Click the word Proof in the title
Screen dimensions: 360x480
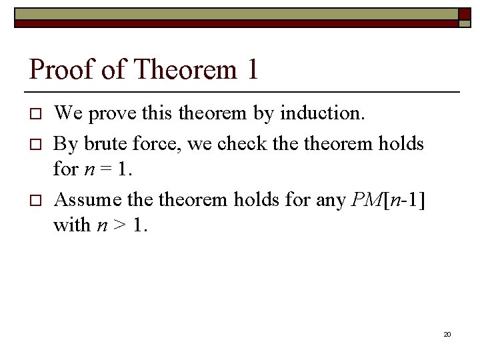[61, 69]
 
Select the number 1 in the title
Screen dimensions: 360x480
[251, 69]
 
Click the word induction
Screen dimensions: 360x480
[322, 113]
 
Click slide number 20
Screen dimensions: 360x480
[447, 333]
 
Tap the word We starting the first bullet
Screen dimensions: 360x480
[67, 113]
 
